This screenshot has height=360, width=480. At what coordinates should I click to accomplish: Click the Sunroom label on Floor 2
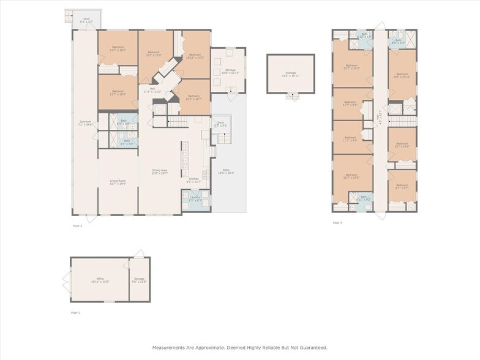84,123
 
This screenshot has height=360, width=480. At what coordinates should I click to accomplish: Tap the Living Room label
118,182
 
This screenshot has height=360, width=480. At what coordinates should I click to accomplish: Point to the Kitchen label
193,181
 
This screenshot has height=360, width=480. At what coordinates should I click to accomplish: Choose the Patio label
225,171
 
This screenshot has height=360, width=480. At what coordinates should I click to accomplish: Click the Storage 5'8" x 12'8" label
139,280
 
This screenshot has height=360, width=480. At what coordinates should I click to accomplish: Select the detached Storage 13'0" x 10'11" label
290,74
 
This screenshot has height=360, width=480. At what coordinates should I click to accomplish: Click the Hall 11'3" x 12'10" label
152,90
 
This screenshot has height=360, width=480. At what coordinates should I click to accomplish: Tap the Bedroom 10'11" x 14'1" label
195,56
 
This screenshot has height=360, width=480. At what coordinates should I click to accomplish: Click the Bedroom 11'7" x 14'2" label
351,67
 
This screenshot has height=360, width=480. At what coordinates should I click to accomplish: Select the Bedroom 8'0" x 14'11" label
402,76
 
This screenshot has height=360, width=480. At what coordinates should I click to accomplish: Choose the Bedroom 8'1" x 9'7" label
402,186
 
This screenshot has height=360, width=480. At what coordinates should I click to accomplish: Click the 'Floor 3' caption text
337,223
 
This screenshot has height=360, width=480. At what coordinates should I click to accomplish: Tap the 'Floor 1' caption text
75,312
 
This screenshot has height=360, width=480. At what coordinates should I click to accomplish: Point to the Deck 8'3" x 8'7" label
87,20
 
